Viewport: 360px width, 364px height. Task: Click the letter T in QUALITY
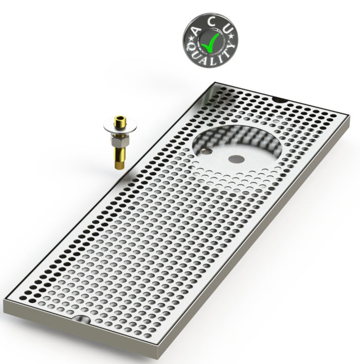pos(227,53)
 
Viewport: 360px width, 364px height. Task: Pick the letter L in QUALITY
pos(213,61)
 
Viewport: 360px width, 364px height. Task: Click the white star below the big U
pos(231,36)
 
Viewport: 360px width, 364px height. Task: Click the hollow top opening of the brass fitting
pos(120,117)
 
